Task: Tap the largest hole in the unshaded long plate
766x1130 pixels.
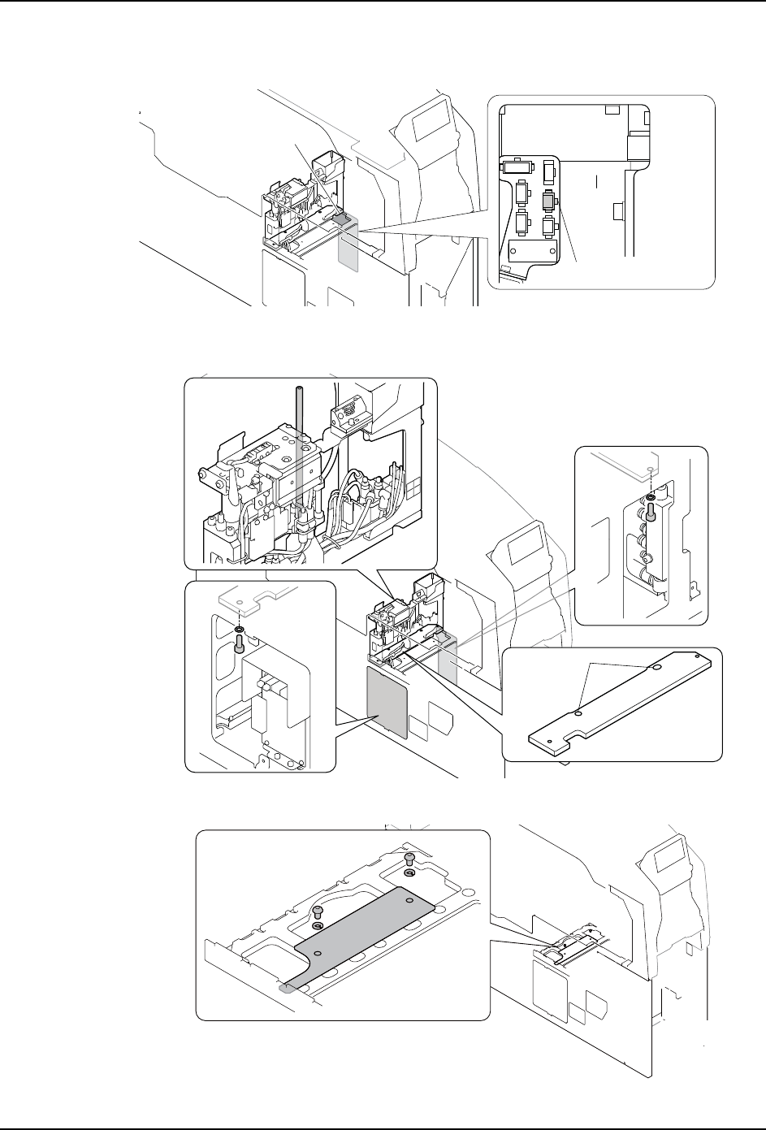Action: pos(656,668)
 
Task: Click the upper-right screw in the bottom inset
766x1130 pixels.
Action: pos(409,859)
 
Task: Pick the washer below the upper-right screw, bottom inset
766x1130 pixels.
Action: pos(409,874)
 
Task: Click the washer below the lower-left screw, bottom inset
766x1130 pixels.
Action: pos(318,926)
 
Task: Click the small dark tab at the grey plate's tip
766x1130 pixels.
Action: pos(287,989)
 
